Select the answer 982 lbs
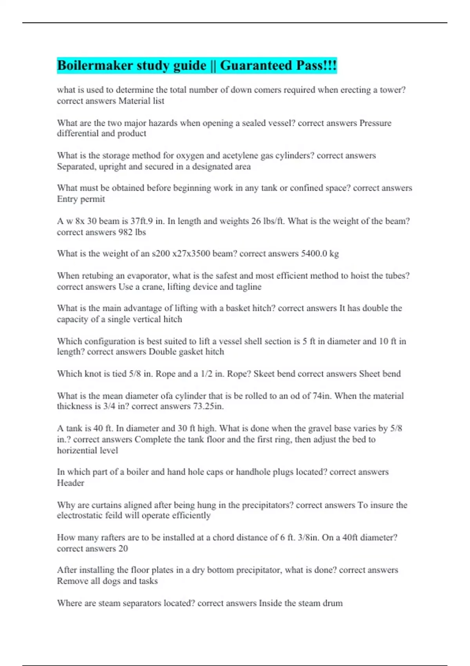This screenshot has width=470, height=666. pos(132,232)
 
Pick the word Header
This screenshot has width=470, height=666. pos(70,483)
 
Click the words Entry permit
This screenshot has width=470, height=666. pos(81,199)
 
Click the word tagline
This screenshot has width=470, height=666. pos(248,287)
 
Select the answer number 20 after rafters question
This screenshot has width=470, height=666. pos(123,548)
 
